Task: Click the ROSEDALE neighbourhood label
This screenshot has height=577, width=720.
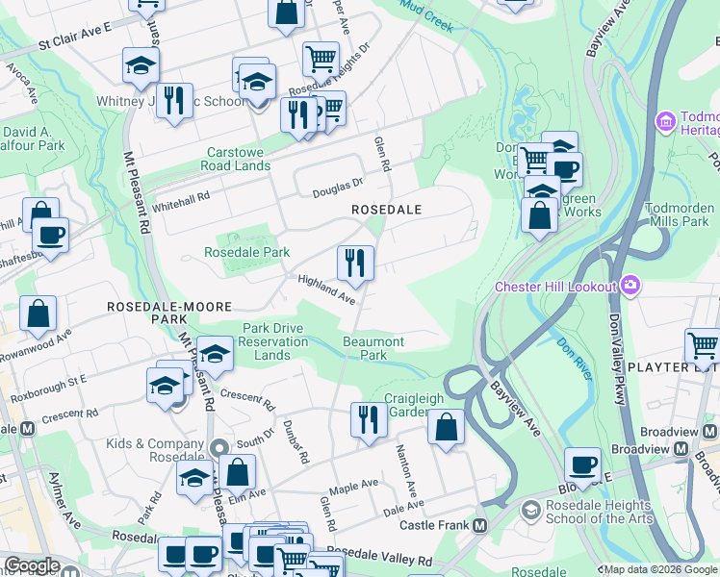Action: (387, 209)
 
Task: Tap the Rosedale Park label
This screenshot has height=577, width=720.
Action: (246, 253)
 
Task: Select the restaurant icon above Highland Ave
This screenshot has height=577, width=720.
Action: (354, 262)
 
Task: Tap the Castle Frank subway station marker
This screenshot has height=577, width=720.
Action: (479, 525)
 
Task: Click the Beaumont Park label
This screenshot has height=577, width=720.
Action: (373, 348)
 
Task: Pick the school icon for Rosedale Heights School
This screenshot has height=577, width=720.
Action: (528, 508)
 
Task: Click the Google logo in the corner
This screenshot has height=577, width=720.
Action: (32, 565)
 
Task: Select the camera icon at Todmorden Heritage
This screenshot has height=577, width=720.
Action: (665, 123)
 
